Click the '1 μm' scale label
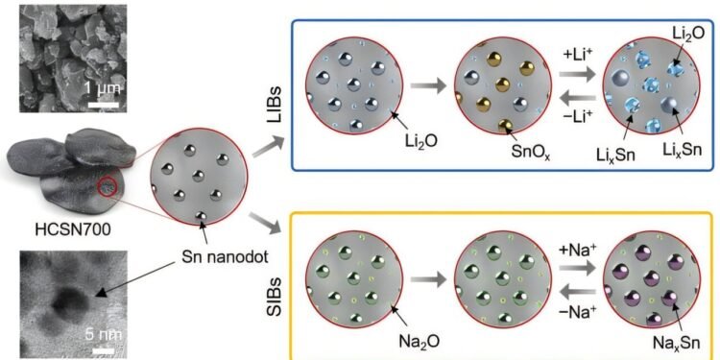101,88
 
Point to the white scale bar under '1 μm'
103,102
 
